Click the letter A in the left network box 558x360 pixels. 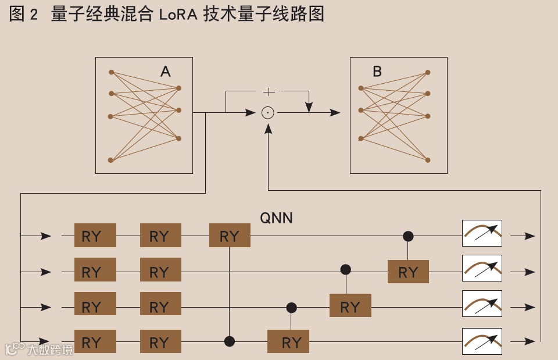(166, 72)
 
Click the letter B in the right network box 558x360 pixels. (377, 72)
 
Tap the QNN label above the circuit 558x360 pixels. (276, 218)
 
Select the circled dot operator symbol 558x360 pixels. (267, 112)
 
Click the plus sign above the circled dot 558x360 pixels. (269, 91)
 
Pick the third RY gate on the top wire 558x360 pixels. (230, 236)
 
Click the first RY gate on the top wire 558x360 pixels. (95, 236)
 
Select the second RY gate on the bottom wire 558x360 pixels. (160, 342)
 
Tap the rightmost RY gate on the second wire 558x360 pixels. (408, 272)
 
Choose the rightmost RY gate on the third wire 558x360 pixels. (350, 306)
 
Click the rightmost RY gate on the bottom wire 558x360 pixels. (288, 342)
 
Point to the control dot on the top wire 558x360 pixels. (408, 236)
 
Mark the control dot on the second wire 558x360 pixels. (346, 269)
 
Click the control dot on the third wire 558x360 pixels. (291, 307)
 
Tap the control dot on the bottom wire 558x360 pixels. (230, 341)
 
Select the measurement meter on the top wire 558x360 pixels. (482, 233)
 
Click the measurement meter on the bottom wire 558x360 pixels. (482, 341)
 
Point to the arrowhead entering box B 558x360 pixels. (335, 112)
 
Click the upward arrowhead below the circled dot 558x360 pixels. (268, 129)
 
